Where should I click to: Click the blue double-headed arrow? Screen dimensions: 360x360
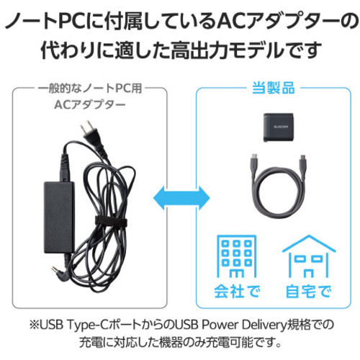pyautogui.click(x=181, y=198)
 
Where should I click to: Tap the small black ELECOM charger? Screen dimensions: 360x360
pyautogui.click(x=279, y=127)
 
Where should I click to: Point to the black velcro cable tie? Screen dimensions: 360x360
pyautogui.click(x=111, y=222)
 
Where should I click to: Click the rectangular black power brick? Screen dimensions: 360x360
pyautogui.click(x=59, y=217)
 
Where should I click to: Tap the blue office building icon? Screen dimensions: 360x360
pyautogui.click(x=237, y=256)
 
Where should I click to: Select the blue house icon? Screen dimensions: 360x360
pyautogui.click(x=309, y=256)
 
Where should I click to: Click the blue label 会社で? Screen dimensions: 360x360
pyautogui.click(x=237, y=291)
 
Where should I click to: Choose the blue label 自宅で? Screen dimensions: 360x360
pyautogui.click(x=309, y=291)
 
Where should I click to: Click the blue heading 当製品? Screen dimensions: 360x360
pyautogui.click(x=274, y=88)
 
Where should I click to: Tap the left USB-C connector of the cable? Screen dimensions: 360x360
pyautogui.click(x=255, y=163)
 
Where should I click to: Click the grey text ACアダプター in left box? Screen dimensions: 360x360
pyautogui.click(x=90, y=104)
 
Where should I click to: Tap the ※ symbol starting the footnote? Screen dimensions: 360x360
pyautogui.click(x=34, y=325)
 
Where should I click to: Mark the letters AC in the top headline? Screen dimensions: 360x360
pyautogui.click(x=230, y=22)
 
